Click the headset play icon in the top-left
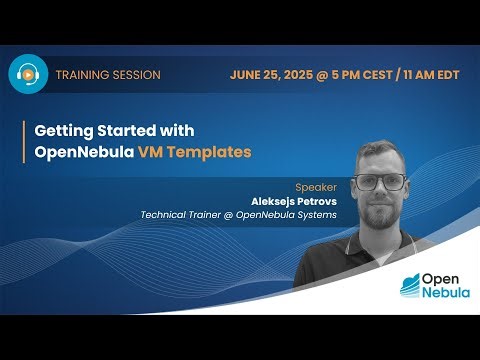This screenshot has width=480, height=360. click(29, 75)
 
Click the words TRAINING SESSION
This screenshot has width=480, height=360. click(108, 75)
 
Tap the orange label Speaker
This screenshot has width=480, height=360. click(315, 186)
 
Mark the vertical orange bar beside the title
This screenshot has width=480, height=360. click(24, 143)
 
